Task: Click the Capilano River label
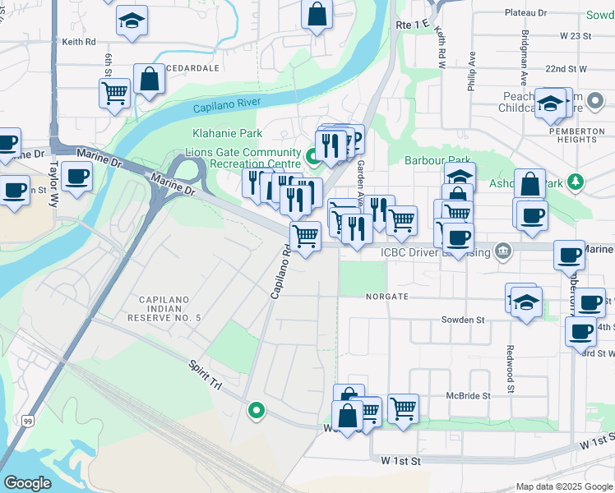[227, 104]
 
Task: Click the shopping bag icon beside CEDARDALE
[150, 81]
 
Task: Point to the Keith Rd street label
[79, 41]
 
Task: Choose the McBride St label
[468, 395]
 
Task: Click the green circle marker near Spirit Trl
[257, 409]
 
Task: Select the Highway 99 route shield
[29, 422]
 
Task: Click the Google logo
[27, 483]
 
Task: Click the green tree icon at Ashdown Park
[576, 181]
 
